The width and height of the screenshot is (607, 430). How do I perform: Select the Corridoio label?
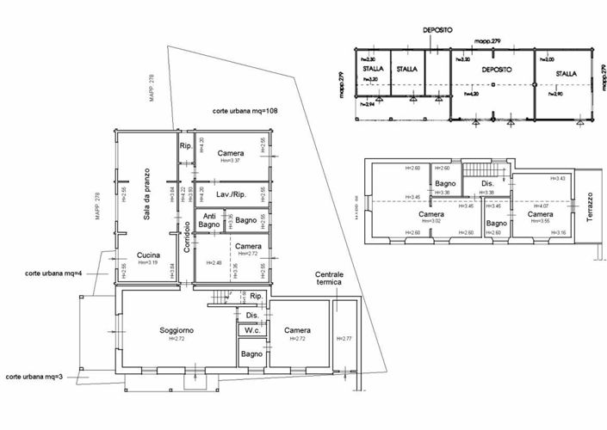[x=186, y=237]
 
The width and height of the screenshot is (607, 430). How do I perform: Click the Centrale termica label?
[x=329, y=278]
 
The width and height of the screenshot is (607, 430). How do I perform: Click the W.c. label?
[x=253, y=330]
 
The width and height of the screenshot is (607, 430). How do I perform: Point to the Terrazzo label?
[x=591, y=206]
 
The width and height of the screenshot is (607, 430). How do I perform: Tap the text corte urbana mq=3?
[x=36, y=377]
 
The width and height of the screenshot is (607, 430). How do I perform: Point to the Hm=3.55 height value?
[x=540, y=221]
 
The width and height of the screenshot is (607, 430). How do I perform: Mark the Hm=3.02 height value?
[x=418, y=221]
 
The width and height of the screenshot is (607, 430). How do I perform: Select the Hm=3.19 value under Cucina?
[x=149, y=262]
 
